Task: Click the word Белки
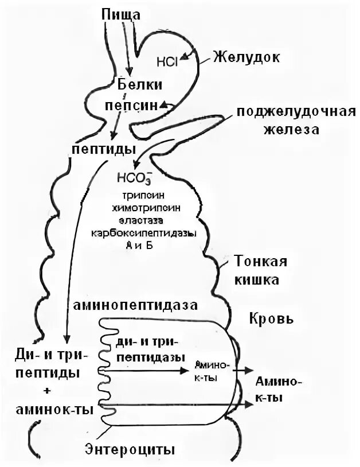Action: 140,85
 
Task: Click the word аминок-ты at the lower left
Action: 49,410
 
